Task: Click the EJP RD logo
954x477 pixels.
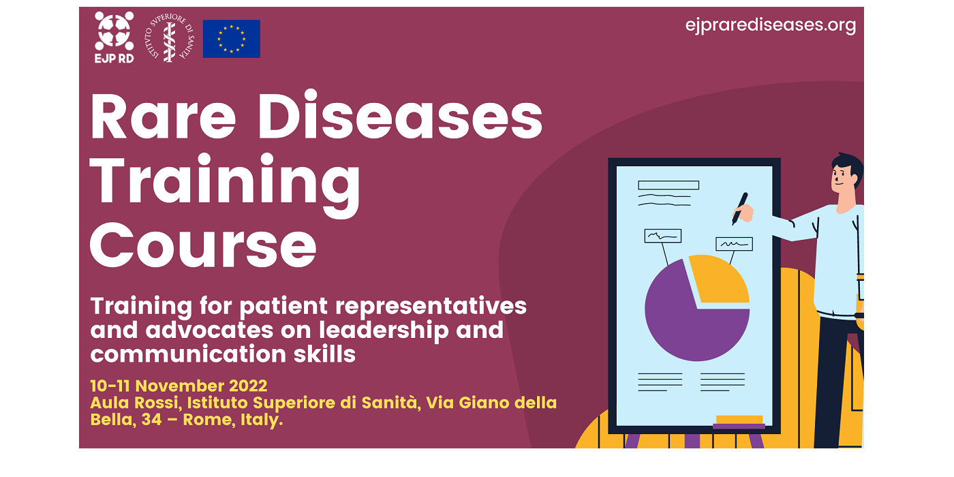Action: [114, 37]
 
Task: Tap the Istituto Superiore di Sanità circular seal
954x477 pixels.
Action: [170, 37]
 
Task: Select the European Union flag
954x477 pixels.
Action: [231, 39]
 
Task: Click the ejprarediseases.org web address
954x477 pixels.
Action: [771, 25]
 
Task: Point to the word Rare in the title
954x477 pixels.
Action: [163, 116]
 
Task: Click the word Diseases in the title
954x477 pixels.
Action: [401, 115]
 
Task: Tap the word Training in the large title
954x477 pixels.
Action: [225, 184]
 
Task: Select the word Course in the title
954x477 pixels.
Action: [203, 245]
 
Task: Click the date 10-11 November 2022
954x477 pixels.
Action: [179, 386]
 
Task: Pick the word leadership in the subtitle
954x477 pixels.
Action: [384, 331]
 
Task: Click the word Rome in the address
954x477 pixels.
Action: [208, 420]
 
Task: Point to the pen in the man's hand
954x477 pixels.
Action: [739, 209]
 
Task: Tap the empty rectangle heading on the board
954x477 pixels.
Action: [668, 185]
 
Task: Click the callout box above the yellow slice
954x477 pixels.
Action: [735, 244]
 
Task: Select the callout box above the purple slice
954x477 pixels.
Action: [662, 236]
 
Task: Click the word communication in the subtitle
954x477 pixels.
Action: [188, 354]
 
